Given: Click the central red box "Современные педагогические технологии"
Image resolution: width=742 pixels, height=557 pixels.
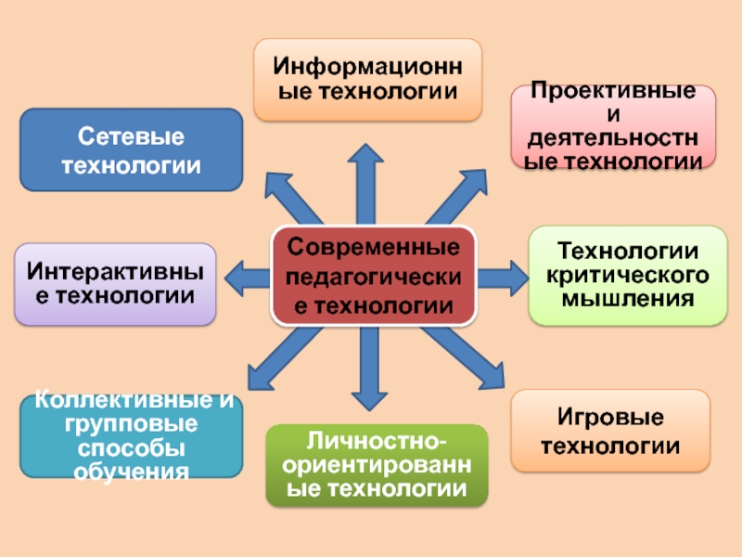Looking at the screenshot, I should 373,276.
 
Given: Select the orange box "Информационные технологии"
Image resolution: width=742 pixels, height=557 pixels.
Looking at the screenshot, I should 368,80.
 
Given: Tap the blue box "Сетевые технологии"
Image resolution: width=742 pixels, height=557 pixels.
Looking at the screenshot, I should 131,150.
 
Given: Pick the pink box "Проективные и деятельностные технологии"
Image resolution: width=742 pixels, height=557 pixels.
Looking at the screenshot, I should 613,127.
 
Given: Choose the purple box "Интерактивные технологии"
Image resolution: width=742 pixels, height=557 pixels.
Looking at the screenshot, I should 115,284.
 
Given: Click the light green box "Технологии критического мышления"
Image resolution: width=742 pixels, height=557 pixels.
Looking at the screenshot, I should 627,275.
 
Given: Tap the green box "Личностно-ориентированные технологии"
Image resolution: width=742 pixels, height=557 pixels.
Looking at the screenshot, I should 376,465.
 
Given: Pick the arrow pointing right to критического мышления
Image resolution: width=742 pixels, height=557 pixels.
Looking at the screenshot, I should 501,276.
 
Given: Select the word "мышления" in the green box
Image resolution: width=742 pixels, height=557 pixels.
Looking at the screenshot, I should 627,299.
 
